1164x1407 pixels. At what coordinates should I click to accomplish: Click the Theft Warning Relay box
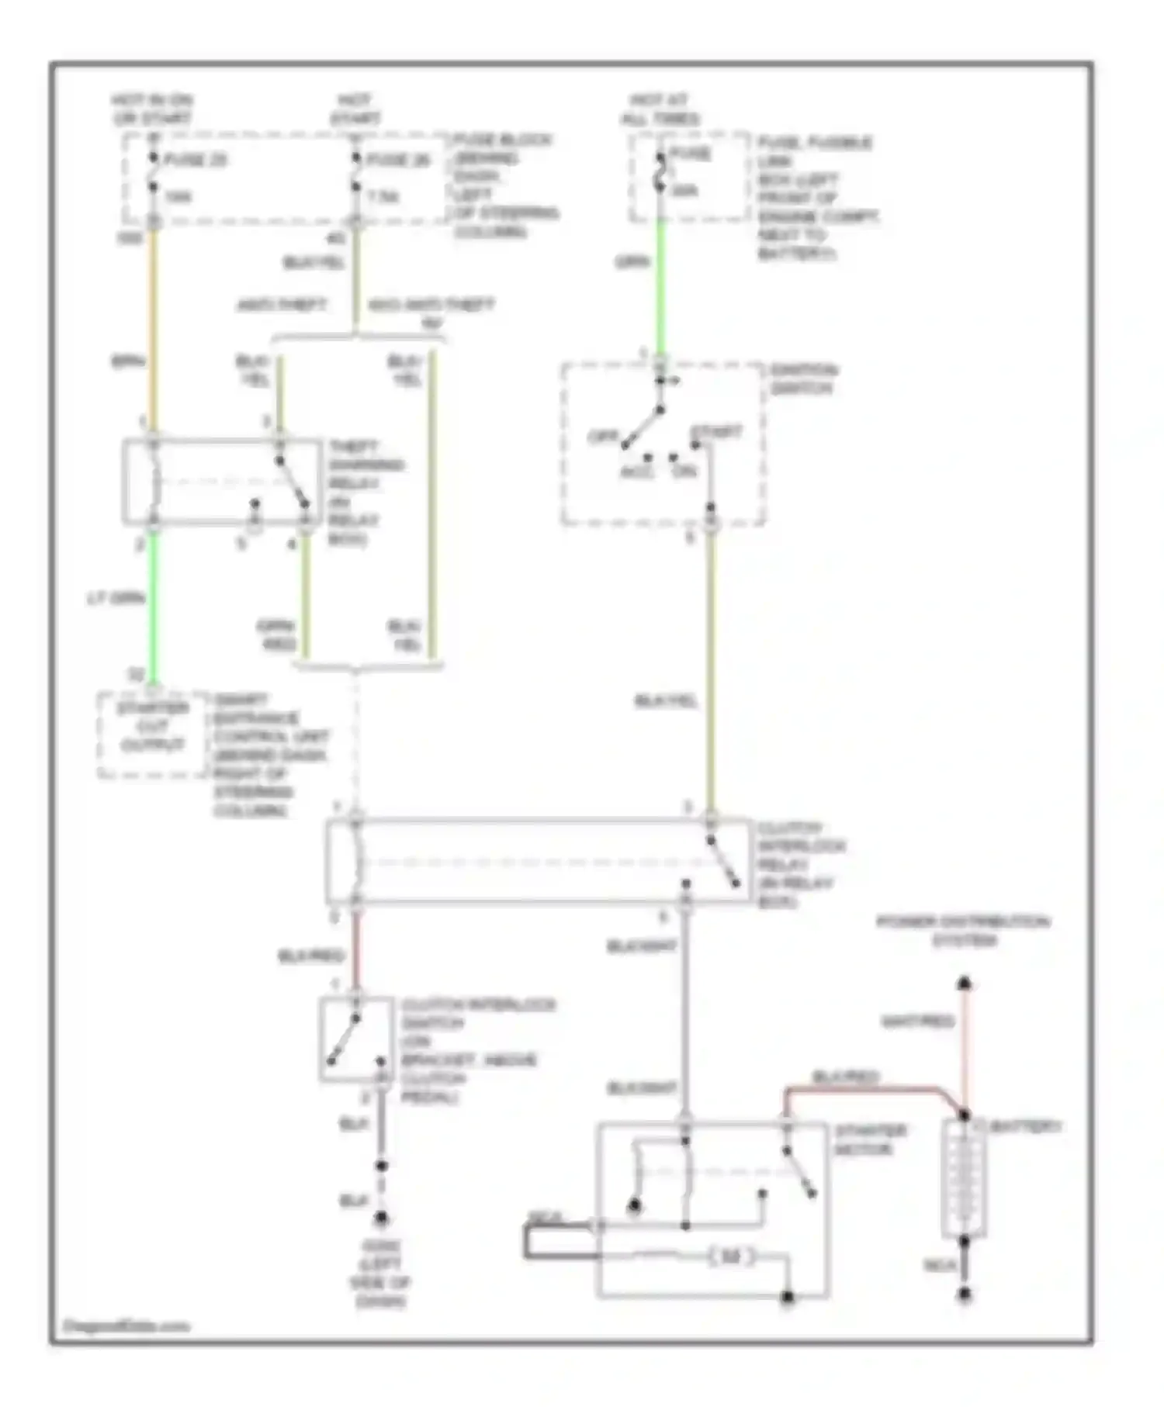pyautogui.click(x=221, y=482)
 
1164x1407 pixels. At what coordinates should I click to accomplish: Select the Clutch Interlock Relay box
pyautogui.click(x=539, y=861)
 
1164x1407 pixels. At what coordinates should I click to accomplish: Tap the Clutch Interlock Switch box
pyautogui.click(x=356, y=1039)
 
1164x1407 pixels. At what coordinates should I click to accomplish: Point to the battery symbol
pyautogui.click(x=964, y=1179)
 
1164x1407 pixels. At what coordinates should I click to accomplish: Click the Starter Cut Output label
pyautogui.click(x=153, y=727)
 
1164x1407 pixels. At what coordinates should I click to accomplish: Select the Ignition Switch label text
pyautogui.click(x=802, y=379)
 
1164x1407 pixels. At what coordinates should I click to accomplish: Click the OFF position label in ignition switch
pyautogui.click(x=602, y=436)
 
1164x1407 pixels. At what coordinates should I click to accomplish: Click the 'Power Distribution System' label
pyautogui.click(x=963, y=931)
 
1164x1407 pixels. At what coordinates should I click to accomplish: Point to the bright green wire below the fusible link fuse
pyautogui.click(x=660, y=287)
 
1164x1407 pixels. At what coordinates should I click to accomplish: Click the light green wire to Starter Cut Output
pyautogui.click(x=154, y=605)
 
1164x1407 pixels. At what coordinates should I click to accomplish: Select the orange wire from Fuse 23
pyautogui.click(x=154, y=326)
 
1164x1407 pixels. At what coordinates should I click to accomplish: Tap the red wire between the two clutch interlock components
pyautogui.click(x=355, y=950)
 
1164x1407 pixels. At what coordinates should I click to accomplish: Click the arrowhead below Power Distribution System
pyautogui.click(x=964, y=983)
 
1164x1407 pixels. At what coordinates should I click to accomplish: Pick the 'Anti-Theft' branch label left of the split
pyautogui.click(x=282, y=305)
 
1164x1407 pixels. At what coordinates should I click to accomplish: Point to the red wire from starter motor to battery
pyautogui.click(x=869, y=1090)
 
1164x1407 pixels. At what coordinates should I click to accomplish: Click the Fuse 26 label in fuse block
pyautogui.click(x=397, y=161)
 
